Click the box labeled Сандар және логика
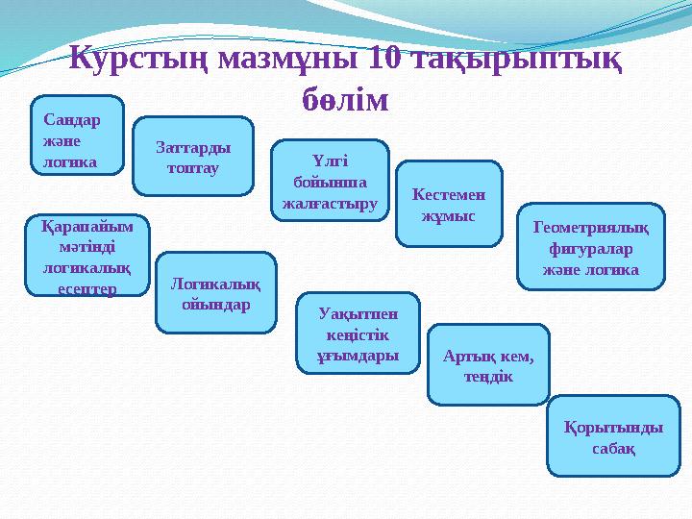coord(78,135)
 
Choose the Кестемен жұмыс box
coord(449,204)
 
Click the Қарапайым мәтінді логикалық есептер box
coord(86,255)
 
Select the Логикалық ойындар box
coord(216,293)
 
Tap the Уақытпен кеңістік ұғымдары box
coord(358,333)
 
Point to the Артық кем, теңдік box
coord(488,365)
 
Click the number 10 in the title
coord(384,61)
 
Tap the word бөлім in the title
coord(345,98)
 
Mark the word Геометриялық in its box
coord(590,228)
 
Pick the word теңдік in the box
coord(488,376)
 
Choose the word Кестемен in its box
coord(449,194)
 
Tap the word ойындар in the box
coord(216,305)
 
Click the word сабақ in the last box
coord(612,448)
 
